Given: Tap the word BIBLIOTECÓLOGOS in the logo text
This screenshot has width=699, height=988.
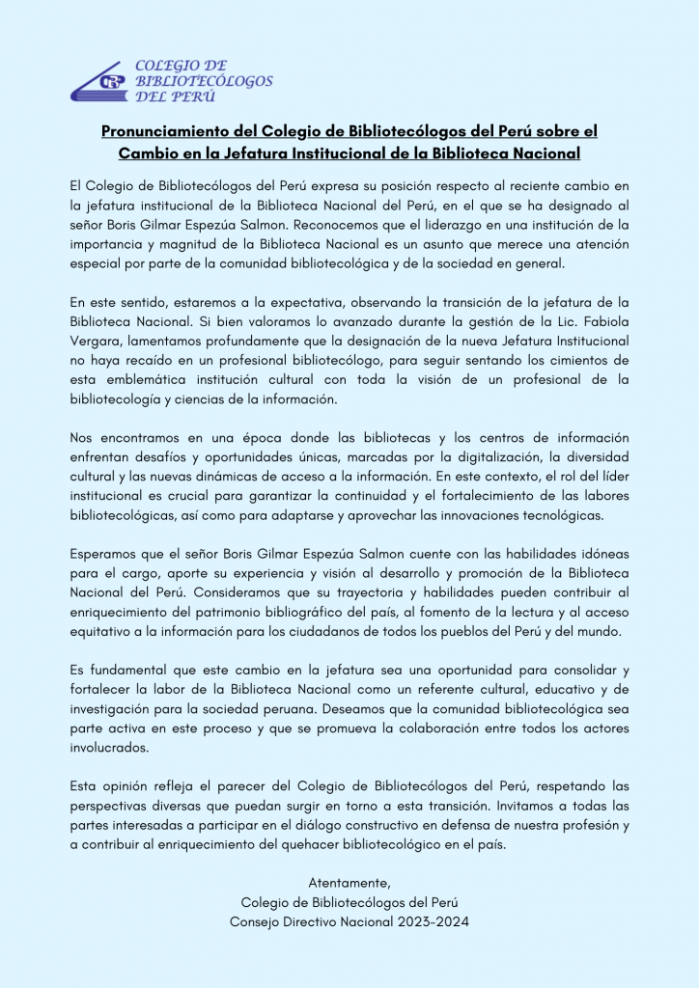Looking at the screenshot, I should point(204,81).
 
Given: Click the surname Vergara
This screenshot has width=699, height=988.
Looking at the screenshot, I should point(97,342).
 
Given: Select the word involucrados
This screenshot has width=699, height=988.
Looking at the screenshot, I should point(109,748).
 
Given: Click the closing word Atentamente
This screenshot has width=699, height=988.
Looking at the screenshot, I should point(349,883).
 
